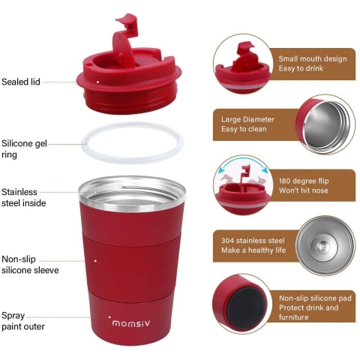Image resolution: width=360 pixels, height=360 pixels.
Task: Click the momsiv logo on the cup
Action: pos(131,323)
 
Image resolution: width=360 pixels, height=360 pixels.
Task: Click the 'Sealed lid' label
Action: pos(21,82)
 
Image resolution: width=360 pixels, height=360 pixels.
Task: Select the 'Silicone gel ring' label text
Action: pos(24,149)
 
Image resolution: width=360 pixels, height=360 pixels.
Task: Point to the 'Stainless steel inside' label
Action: pos(24,197)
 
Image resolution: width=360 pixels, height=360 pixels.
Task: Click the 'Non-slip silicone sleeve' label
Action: pos(30,265)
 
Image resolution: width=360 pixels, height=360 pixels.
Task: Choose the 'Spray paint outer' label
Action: pos(23,321)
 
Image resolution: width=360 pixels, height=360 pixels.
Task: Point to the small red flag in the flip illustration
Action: pos(245,169)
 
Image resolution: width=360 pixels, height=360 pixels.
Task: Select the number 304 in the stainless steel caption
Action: pos(227,241)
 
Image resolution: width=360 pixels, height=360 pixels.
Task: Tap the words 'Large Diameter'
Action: pos(247,119)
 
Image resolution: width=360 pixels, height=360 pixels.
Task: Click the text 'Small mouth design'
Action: pos(313,58)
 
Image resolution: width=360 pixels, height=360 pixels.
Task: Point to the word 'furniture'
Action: pos(294,317)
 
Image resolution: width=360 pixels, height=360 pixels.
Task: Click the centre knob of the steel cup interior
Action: pos(322,247)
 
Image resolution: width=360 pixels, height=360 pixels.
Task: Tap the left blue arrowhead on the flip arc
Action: pos(221,171)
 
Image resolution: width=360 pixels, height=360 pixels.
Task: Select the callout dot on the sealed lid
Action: pos(98,82)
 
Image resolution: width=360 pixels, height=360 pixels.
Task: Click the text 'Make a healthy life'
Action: pos(253,250)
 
